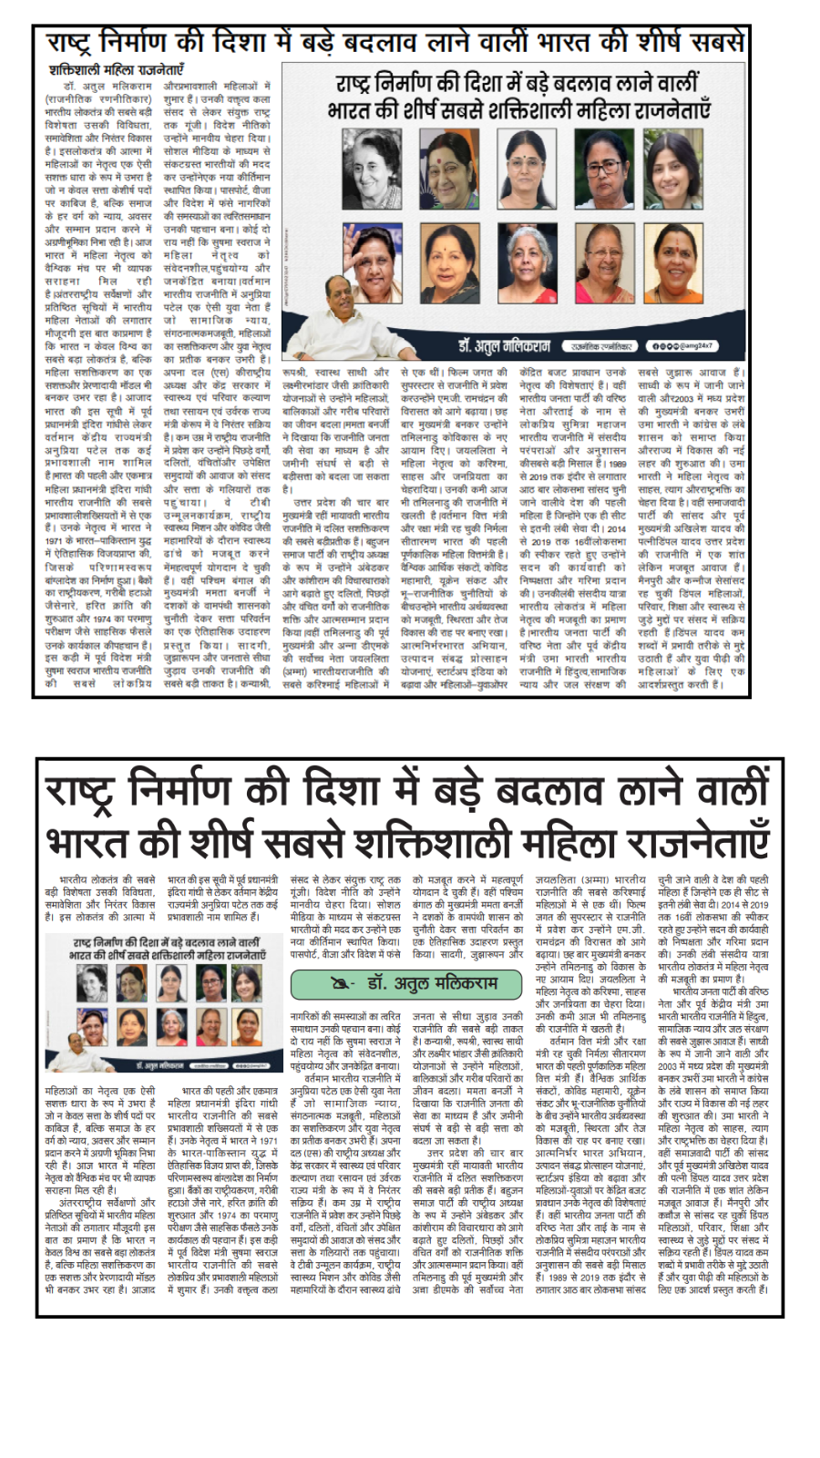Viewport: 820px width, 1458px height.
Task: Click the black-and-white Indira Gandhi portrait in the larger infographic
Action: coord(372,169)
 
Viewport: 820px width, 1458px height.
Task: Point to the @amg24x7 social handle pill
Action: coord(682,346)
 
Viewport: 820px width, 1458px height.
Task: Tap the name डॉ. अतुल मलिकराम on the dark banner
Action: coord(504,346)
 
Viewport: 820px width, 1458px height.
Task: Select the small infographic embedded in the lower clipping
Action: coord(168,1003)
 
